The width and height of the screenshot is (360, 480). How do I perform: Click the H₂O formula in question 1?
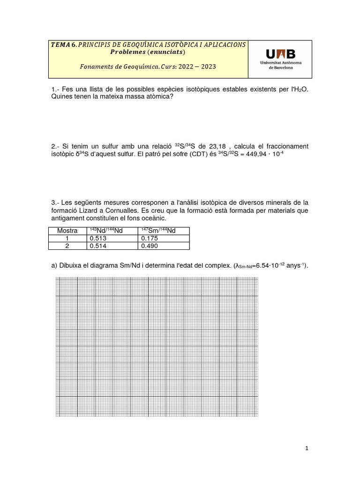(x=300, y=90)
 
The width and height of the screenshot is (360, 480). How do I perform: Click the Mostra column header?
(x=67, y=231)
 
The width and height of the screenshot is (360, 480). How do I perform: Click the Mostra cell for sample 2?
(x=67, y=246)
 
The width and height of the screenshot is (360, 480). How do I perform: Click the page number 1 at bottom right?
(x=307, y=449)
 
